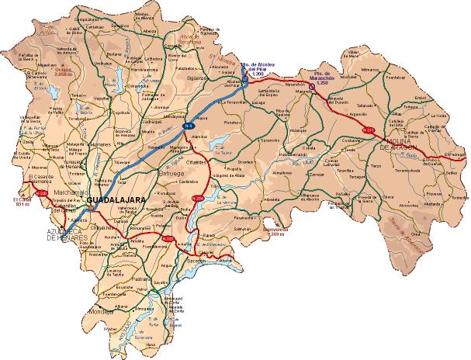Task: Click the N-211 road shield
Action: (369, 130)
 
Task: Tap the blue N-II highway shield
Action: (187, 124)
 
